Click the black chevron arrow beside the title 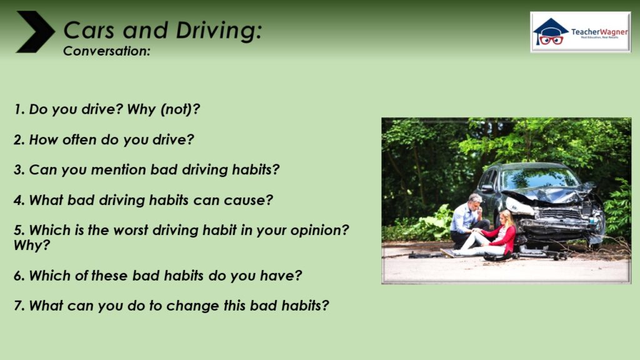point(36,32)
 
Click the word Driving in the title point(219,31)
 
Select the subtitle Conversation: point(107,51)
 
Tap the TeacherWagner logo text point(599,32)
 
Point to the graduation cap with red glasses point(551,31)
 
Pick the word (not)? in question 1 point(180,109)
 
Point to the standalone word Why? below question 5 point(32,245)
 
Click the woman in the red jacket point(487,237)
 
